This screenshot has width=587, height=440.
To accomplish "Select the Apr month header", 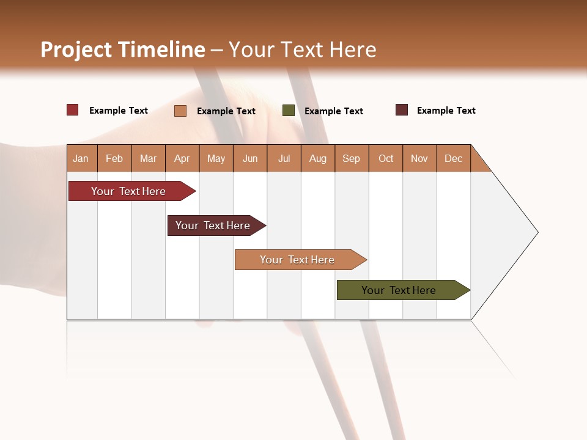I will pos(182,158).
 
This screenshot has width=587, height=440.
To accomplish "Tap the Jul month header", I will pos(284,158).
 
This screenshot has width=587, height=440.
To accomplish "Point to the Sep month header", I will pos(352,158).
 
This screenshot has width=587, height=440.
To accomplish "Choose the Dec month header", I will pos(454,158).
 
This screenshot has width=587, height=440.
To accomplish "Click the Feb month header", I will pos(114,158).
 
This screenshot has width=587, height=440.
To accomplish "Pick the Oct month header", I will pos(386,158).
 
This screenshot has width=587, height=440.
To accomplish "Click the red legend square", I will pos(73,110).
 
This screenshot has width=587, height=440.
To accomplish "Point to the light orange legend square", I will pos(180,111).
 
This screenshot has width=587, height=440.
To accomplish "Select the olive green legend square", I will pos(289,111).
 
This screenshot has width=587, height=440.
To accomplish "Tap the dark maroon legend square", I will pos(402,110).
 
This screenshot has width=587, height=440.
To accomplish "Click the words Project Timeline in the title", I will pos(122,50).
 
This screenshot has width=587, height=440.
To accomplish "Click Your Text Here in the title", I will pos(302,50).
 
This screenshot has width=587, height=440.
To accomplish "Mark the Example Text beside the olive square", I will pos(334,111).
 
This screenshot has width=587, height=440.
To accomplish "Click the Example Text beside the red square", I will pos(119,111).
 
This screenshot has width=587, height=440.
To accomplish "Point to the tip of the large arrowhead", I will pos(537,232).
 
